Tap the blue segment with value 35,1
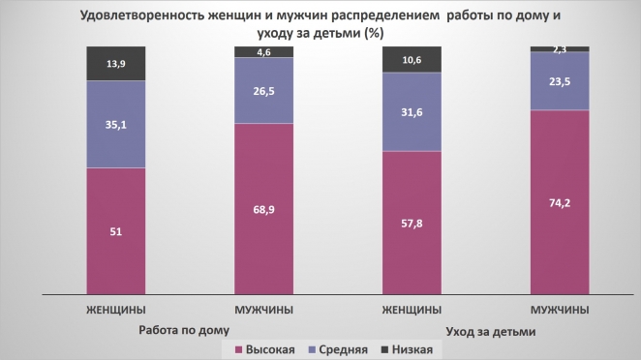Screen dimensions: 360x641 pyautogui.click(x=116, y=124)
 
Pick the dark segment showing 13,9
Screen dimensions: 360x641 pyautogui.click(x=116, y=63)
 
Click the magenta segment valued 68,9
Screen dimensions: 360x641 pyautogui.click(x=264, y=207)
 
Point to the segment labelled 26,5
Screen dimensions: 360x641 pyautogui.click(x=264, y=91)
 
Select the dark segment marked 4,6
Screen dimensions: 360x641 pyautogui.click(x=264, y=52)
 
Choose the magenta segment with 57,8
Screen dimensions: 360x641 pyautogui.click(x=412, y=221)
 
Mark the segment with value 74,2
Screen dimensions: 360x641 pyautogui.click(x=560, y=200)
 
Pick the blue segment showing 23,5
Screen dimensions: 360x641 pyautogui.click(x=560, y=80)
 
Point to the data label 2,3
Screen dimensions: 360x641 pyautogui.click(x=560, y=48)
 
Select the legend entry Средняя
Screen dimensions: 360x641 pyautogui.click(x=339, y=348)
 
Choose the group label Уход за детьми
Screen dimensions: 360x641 pyautogui.click(x=491, y=332)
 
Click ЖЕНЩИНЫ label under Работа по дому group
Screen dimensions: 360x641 pyautogui.click(x=116, y=311)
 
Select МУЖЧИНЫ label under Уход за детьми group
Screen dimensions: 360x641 pyautogui.click(x=560, y=311)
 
